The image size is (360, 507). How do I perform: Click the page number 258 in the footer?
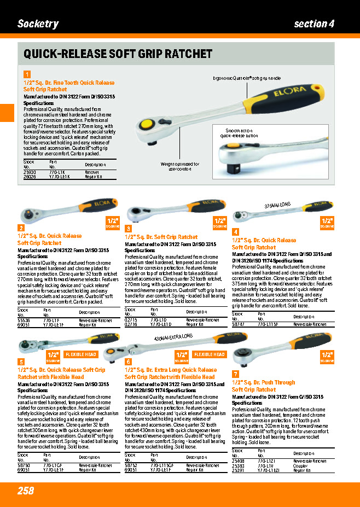[x=26, y=491]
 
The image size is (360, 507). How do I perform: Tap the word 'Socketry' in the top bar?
[x=38, y=24]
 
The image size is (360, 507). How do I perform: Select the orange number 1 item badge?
[x=27, y=74]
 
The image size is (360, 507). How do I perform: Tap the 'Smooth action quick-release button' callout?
[x=239, y=133]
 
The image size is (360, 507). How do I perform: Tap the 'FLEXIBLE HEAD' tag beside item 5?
[x=82, y=354]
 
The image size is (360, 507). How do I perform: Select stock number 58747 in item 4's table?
[x=238, y=324]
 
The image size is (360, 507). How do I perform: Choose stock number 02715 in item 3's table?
[x=131, y=319]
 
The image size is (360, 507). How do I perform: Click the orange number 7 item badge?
[x=236, y=374]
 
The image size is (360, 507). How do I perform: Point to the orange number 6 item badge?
[x=129, y=362]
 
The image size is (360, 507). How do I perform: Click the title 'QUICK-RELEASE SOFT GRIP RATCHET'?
[x=118, y=54]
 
